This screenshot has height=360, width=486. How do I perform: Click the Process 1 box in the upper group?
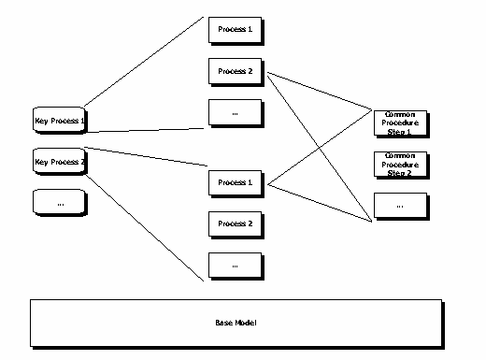click(x=235, y=29)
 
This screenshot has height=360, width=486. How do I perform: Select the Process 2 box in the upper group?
click(x=235, y=71)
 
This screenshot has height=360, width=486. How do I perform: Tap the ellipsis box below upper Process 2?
click(x=235, y=113)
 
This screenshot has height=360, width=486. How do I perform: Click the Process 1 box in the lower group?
click(x=235, y=181)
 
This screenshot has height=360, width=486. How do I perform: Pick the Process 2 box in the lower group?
click(x=235, y=223)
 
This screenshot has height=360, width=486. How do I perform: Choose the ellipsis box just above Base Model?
click(x=235, y=266)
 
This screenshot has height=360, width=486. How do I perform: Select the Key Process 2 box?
click(x=59, y=162)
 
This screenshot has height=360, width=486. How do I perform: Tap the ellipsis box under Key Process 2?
click(x=59, y=202)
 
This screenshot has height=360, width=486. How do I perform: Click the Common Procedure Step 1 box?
click(x=400, y=121)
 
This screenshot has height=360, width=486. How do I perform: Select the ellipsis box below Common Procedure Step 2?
click(x=400, y=204)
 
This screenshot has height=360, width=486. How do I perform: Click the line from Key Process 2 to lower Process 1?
click(x=145, y=158)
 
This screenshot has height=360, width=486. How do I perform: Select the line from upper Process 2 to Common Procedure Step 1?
click(x=318, y=92)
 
